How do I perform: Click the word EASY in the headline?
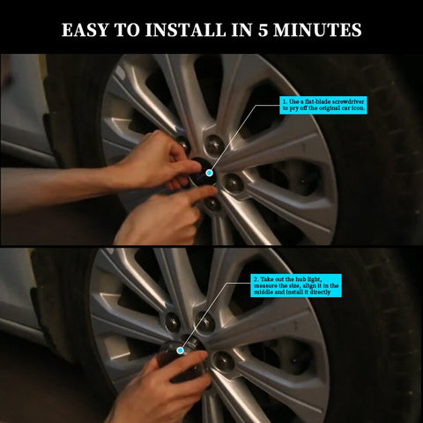(x=85, y=30)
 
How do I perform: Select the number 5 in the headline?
(x=263, y=30)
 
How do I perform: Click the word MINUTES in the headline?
(x=317, y=30)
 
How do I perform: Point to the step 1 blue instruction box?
(x=323, y=105)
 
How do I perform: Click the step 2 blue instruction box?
(x=296, y=286)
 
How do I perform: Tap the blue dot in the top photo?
(x=209, y=173)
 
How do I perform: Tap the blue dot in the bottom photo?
(x=181, y=350)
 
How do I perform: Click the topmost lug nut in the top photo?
(x=214, y=145)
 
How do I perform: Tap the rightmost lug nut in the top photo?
(x=234, y=183)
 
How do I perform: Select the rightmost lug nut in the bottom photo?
(x=224, y=360)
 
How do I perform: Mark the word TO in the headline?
(x=127, y=30)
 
